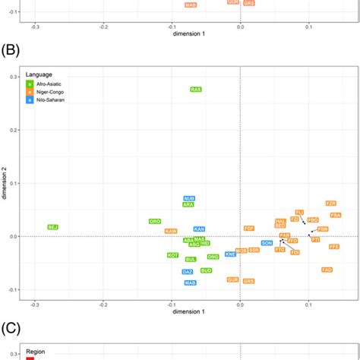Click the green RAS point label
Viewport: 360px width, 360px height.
(x=196, y=90)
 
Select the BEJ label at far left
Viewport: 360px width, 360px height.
(x=52, y=227)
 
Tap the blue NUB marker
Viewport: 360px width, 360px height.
(x=189, y=199)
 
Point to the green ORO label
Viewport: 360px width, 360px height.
(x=154, y=221)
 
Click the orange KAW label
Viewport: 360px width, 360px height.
(x=171, y=231)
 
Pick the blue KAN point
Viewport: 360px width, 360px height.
(x=199, y=229)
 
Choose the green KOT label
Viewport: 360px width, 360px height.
(x=173, y=255)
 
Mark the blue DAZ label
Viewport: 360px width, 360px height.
(x=188, y=271)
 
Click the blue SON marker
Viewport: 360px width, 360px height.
(x=267, y=243)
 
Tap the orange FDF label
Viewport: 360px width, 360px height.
(x=248, y=228)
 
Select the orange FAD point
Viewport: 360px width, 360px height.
(x=327, y=270)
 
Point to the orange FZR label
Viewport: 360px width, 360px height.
(x=330, y=204)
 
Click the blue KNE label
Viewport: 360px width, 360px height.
(x=230, y=254)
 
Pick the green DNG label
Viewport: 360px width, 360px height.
(x=213, y=257)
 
